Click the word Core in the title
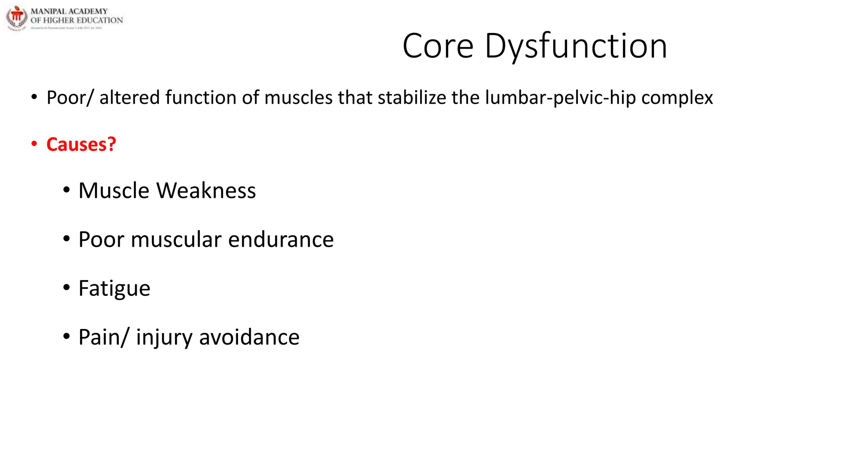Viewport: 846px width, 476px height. tap(438, 46)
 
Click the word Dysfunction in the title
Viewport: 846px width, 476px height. tap(576, 46)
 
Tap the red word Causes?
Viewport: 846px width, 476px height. tap(81, 145)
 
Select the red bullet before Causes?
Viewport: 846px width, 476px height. tap(34, 144)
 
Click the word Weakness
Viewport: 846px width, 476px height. tap(206, 191)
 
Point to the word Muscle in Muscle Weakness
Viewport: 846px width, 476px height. tap(114, 191)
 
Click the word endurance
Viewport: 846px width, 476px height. tap(281, 240)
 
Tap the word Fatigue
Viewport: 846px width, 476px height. tap(114, 289)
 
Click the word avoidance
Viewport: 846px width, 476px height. tap(249, 337)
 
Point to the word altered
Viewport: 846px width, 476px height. tap(129, 98)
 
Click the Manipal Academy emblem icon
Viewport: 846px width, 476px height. tap(17, 18)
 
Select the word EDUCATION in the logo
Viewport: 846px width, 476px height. tap(100, 20)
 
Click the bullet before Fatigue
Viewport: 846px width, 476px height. tap(67, 288)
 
